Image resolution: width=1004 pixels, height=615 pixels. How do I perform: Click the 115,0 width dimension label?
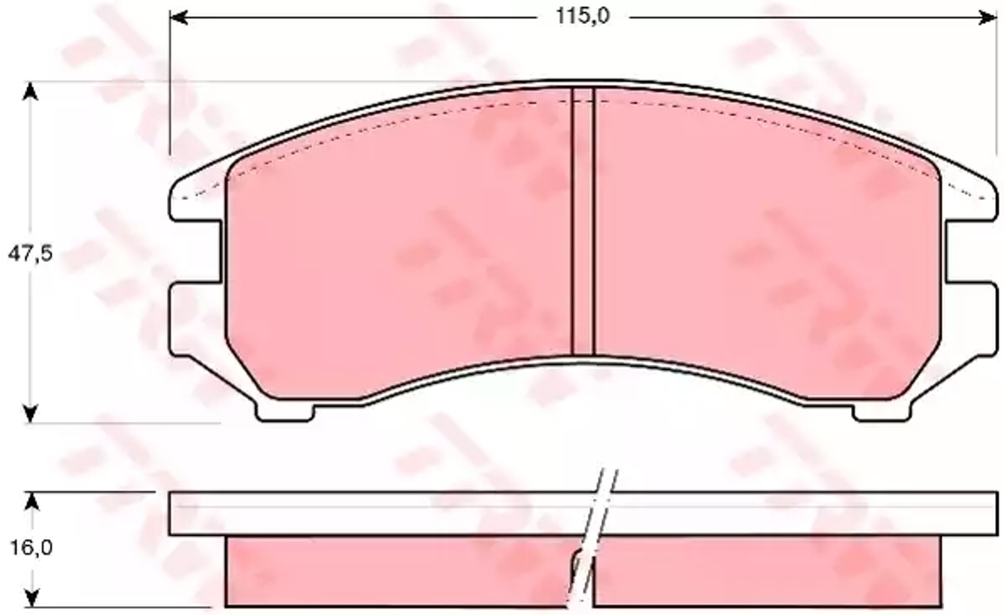click(582, 17)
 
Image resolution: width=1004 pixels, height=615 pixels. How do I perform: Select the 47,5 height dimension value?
click(31, 253)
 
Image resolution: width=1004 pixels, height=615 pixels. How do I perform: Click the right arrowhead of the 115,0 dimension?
click(987, 18)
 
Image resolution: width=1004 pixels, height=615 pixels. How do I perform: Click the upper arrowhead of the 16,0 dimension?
click(32, 501)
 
